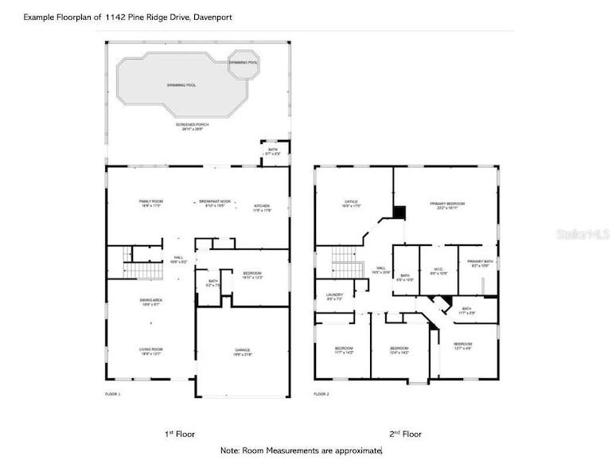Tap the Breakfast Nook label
point(215,203)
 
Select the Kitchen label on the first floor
point(262,207)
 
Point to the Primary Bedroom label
point(447,205)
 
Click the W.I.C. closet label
point(439,269)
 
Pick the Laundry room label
point(334,296)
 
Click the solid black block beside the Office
point(400,213)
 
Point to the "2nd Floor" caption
point(405,434)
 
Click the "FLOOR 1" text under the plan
point(112,395)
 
